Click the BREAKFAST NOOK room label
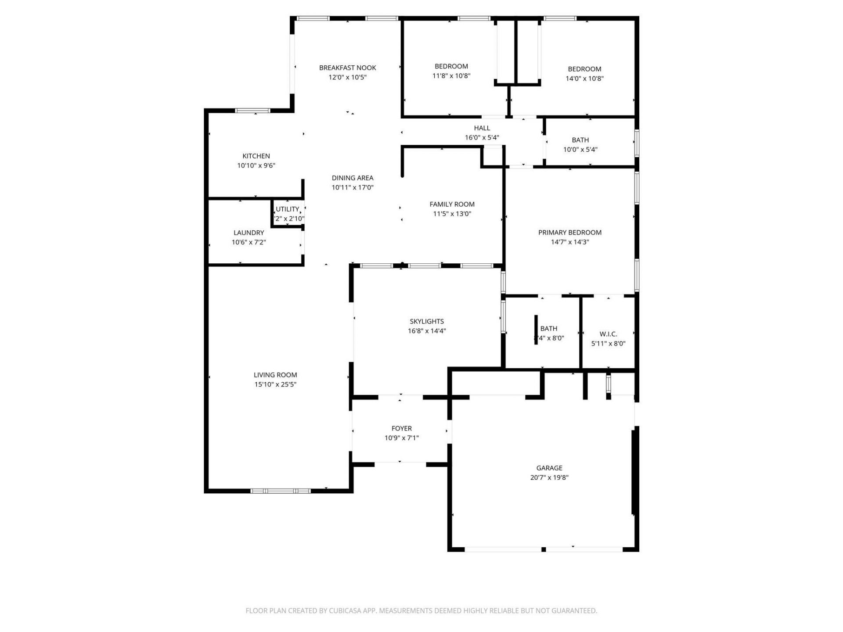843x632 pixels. point(347,68)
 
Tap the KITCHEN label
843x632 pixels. point(256,156)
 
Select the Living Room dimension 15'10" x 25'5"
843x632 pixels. point(275,384)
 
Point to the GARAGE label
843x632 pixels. point(549,468)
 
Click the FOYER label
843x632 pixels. point(401,428)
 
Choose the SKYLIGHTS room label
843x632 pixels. point(426,321)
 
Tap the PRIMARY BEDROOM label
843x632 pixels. point(569,233)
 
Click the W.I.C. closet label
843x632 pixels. point(608,334)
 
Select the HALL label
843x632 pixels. point(482,128)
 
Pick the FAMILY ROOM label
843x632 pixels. point(452,204)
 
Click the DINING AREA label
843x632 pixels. point(352,178)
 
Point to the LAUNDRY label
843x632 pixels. point(249,233)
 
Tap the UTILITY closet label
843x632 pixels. point(287,209)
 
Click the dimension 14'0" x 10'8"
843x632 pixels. point(584,79)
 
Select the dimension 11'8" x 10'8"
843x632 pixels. point(451,76)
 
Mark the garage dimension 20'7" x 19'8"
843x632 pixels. point(549,478)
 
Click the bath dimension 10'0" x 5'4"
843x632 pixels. point(580,150)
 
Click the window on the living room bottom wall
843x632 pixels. point(281,491)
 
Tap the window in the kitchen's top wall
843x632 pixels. point(252,111)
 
